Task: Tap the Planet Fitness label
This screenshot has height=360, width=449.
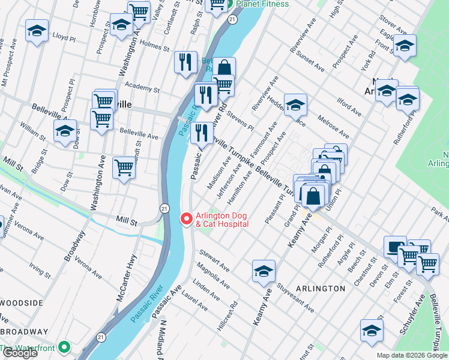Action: click(262, 4)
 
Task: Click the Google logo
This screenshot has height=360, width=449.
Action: click(20, 353)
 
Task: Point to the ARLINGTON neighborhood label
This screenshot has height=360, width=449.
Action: click(321, 289)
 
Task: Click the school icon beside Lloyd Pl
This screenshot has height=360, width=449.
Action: click(37, 31)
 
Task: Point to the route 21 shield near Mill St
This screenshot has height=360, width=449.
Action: click(163, 208)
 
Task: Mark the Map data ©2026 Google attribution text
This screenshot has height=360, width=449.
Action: click(412, 355)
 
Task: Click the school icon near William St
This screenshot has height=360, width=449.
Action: click(65, 131)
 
